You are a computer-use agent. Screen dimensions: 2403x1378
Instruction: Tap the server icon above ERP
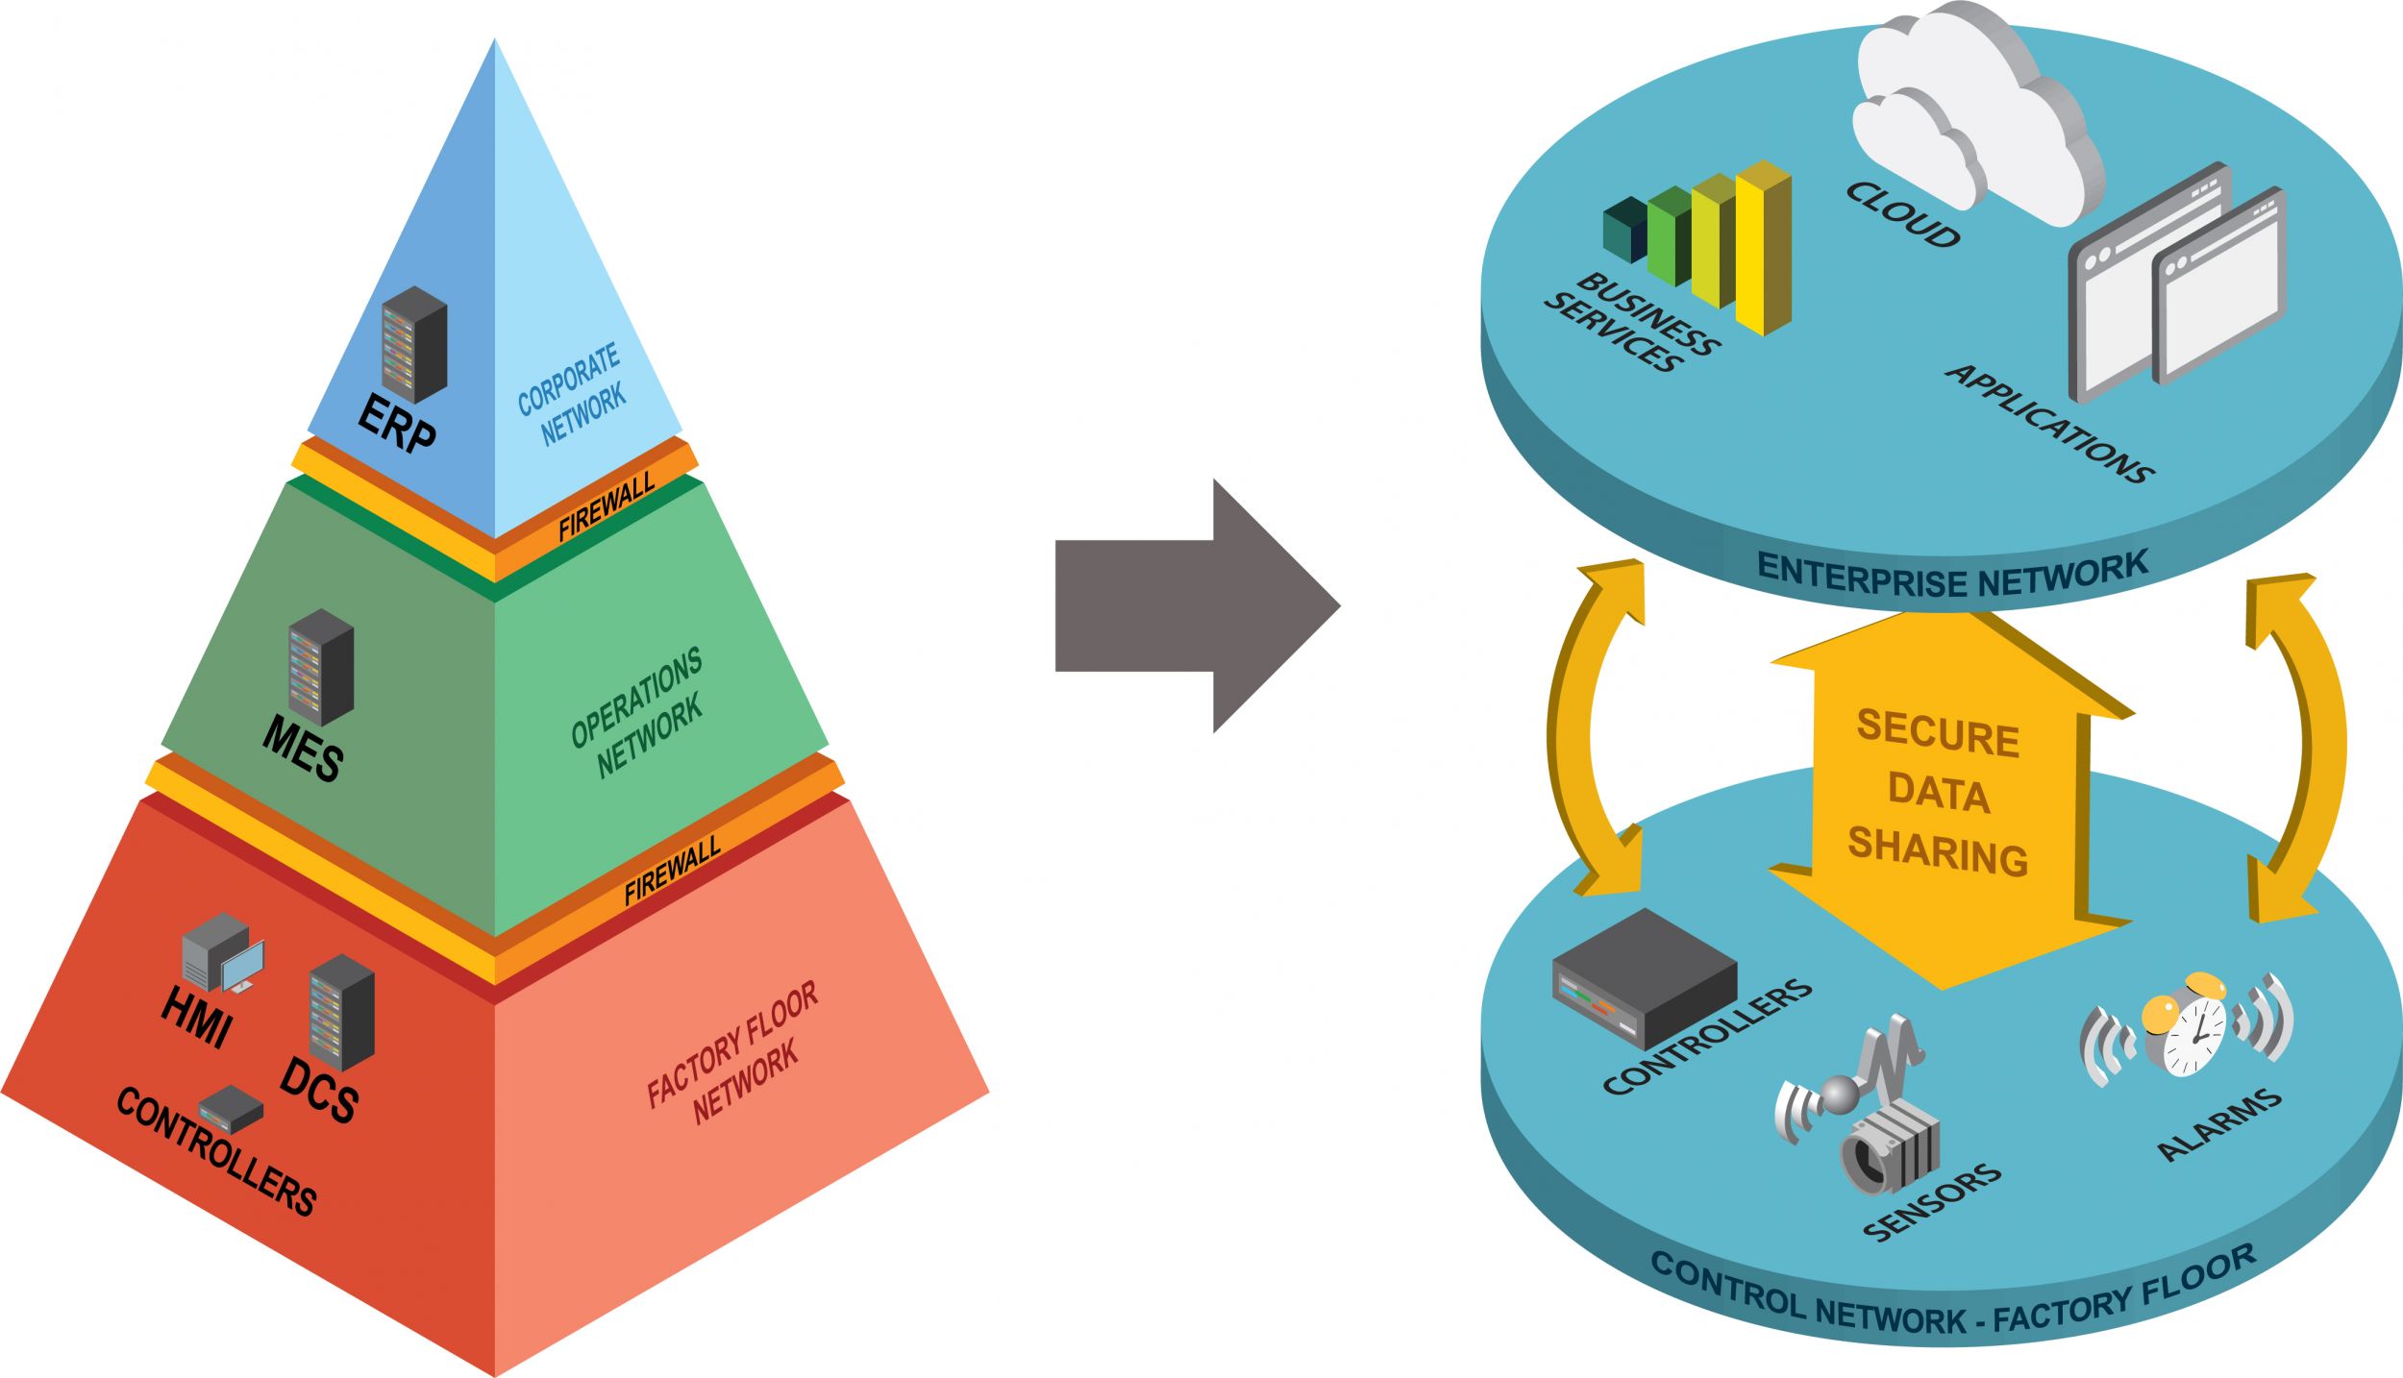pos(414,344)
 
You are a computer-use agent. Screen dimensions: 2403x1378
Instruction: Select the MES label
pos(303,749)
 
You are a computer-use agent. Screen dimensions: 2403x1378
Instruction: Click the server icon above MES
pos(321,667)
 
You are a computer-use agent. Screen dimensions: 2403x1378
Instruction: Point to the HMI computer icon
pos(223,953)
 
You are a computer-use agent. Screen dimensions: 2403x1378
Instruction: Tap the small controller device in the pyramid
pos(231,1110)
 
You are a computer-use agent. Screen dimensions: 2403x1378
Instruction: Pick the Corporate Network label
pos(572,394)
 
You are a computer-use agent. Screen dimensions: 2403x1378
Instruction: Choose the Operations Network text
pos(637,712)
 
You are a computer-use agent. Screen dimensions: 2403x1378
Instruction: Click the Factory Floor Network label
pos(733,1052)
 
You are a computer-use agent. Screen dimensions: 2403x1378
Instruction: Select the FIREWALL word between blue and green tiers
pos(607,506)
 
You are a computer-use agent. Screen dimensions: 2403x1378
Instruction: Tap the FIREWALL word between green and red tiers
pos(672,872)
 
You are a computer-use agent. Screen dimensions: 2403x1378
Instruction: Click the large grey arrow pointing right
pos(1198,606)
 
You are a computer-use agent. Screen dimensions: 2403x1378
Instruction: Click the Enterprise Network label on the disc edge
pos(1952,575)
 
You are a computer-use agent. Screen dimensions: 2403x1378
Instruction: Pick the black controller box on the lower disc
pos(1645,978)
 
